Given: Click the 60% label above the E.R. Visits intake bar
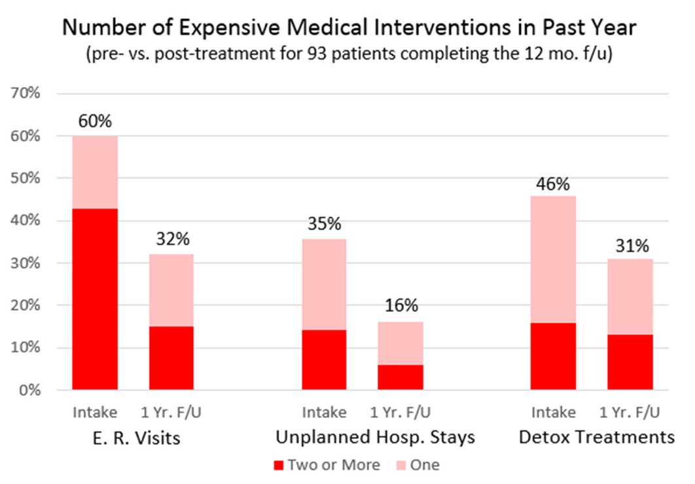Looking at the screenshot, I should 95,122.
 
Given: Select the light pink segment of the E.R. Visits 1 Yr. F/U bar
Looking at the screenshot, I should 171,290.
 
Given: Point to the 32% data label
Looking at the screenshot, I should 171,240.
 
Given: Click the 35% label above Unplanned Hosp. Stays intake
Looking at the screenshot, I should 324,224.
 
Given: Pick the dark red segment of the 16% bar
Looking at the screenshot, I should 400,377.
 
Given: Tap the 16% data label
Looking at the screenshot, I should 400,306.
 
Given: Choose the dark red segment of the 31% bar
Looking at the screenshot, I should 630,362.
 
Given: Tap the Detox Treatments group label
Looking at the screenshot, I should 596,438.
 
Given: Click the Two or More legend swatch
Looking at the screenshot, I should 278,466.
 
